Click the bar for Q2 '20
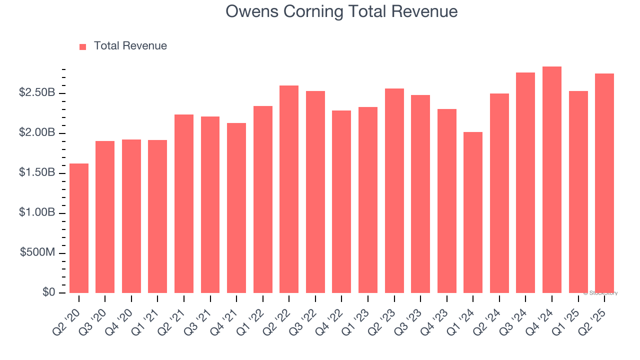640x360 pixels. [79, 228]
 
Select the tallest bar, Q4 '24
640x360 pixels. [552, 180]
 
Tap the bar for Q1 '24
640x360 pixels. [473, 212]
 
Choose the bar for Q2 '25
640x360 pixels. [604, 183]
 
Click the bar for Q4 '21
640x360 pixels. [236, 208]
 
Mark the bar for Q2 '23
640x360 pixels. [394, 190]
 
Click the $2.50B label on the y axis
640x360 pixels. [37, 93]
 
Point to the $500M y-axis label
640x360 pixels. [37, 252]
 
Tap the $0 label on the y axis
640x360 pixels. [48, 292]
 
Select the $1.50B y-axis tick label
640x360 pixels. [37, 173]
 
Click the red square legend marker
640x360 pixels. [83, 46]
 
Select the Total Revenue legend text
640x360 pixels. [130, 46]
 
